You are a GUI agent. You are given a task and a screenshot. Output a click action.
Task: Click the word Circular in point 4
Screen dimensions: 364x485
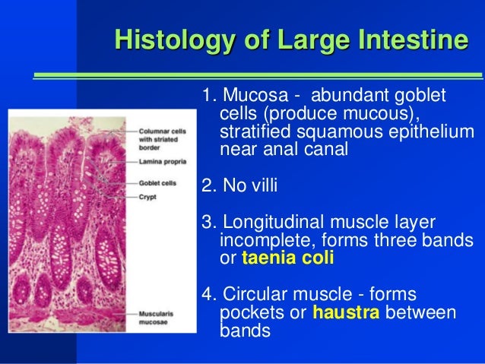tap(255, 296)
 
